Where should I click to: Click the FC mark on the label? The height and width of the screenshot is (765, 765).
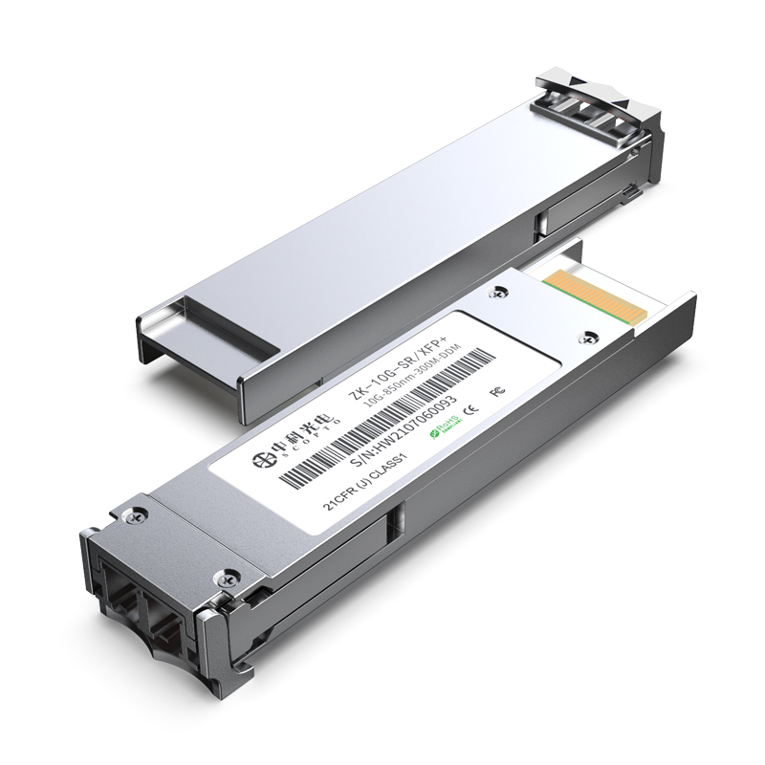[495, 393]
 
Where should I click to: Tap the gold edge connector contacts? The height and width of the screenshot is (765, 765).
[592, 291]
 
